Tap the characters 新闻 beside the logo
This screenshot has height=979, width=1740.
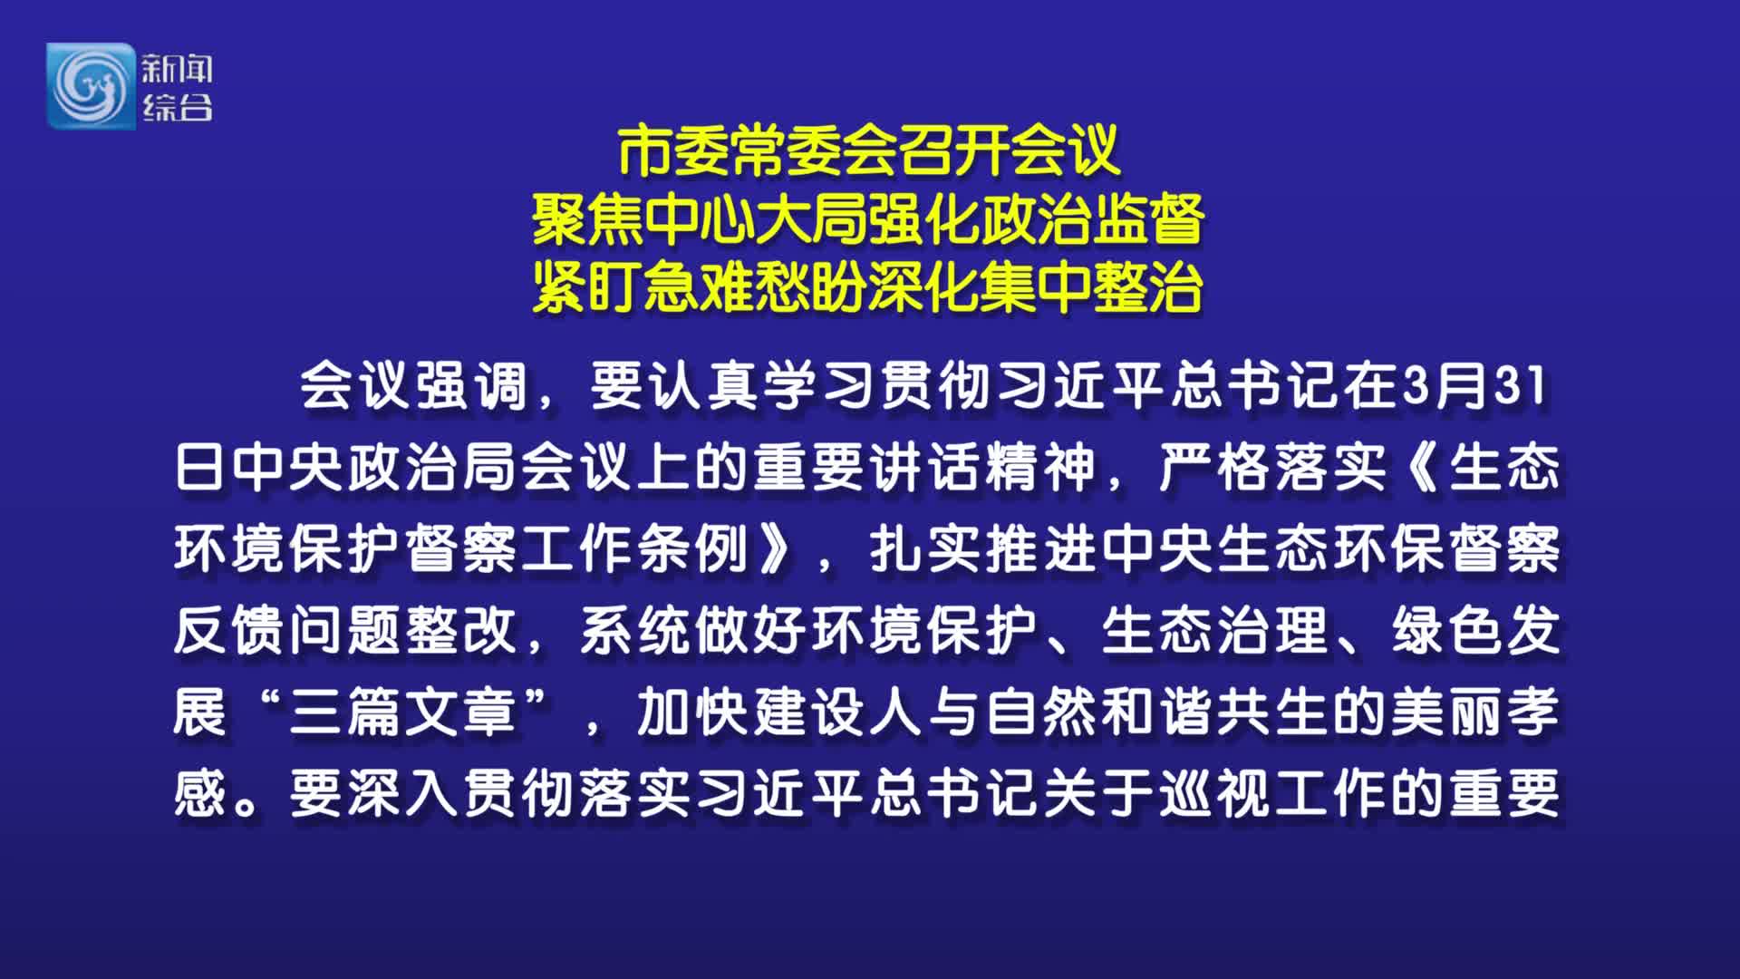[x=177, y=68]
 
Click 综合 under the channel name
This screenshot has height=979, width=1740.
[x=177, y=107]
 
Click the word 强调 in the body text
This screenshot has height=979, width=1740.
[x=471, y=386]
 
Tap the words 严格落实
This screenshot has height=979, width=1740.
[x=1272, y=468]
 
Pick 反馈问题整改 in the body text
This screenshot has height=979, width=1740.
[x=345, y=631]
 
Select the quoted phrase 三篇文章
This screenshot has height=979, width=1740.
[x=403, y=712]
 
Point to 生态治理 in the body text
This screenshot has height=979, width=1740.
[x=1214, y=631]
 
